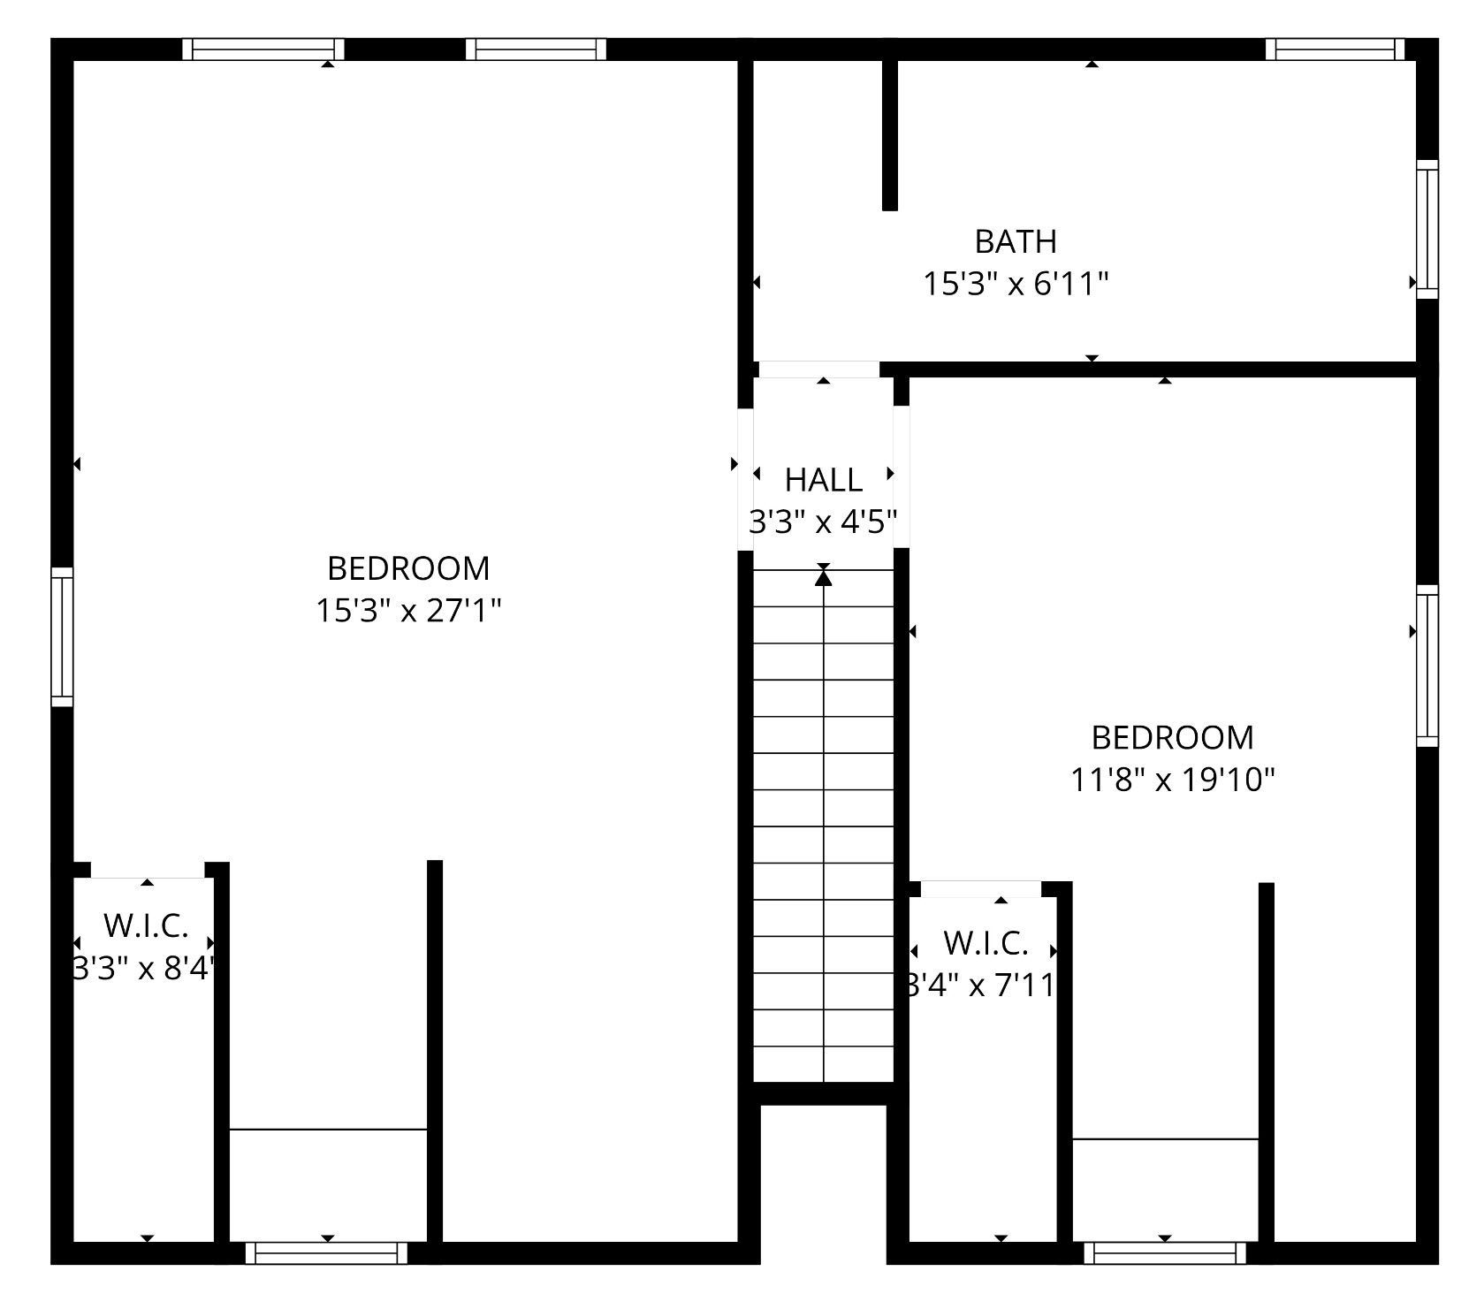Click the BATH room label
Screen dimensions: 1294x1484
(x=1016, y=241)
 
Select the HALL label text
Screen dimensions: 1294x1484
(x=824, y=480)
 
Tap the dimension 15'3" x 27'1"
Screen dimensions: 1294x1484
(x=409, y=611)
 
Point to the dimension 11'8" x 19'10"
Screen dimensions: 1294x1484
(x=1173, y=780)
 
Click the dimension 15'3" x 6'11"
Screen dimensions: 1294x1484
(x=1016, y=285)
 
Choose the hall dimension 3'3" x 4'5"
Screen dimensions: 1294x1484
(x=824, y=523)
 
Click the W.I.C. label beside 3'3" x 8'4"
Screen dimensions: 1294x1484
(x=146, y=925)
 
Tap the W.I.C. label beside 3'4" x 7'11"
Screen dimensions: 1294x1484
(x=986, y=943)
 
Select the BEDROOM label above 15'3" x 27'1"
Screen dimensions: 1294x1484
(x=408, y=568)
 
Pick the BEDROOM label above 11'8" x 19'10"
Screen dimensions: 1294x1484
(x=1172, y=737)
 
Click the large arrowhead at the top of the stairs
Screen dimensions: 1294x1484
(x=824, y=578)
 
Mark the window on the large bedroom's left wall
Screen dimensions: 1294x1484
(x=62, y=636)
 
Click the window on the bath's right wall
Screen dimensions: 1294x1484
(x=1427, y=228)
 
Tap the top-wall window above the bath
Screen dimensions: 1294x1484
(x=1335, y=49)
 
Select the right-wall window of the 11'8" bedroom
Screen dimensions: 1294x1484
(x=1427, y=665)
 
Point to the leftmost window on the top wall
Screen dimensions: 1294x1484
(x=263, y=49)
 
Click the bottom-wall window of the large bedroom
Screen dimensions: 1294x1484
(x=327, y=1252)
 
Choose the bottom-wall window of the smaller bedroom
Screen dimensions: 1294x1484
(x=1165, y=1252)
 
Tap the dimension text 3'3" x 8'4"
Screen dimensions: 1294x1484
(x=144, y=969)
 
